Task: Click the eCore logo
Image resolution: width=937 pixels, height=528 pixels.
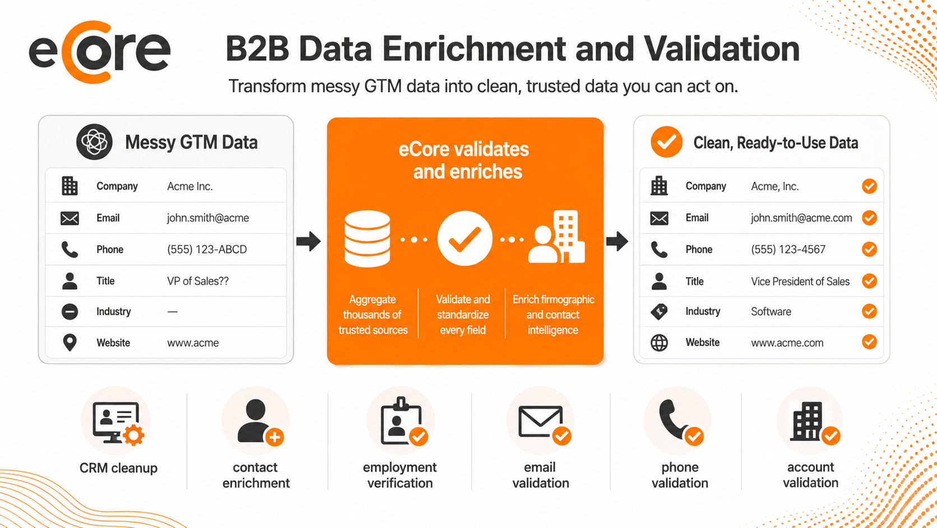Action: point(100,52)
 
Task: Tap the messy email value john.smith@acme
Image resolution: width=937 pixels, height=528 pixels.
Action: point(208,218)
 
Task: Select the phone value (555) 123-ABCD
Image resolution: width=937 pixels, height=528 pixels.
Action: point(207,249)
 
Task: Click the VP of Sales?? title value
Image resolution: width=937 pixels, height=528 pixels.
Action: point(198,281)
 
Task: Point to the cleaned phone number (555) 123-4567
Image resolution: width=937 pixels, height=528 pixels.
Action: point(788,249)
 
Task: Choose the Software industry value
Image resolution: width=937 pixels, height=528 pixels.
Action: point(771,311)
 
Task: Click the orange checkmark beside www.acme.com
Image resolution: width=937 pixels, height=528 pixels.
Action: point(869,342)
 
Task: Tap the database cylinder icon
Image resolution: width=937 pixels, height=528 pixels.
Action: point(367,238)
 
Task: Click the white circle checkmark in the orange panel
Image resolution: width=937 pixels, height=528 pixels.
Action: point(465,238)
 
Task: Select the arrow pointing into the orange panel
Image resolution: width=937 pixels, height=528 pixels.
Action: point(308,241)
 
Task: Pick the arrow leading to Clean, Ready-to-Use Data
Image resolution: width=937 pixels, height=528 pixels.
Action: point(617,241)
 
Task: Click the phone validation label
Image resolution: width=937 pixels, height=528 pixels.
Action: point(680,475)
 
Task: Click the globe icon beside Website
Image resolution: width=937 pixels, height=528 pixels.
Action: point(659,342)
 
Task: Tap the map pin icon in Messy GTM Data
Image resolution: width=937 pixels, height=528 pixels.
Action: point(69,342)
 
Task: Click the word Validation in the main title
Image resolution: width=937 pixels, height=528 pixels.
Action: point(722,49)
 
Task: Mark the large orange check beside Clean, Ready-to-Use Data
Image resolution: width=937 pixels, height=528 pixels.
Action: point(666,142)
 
